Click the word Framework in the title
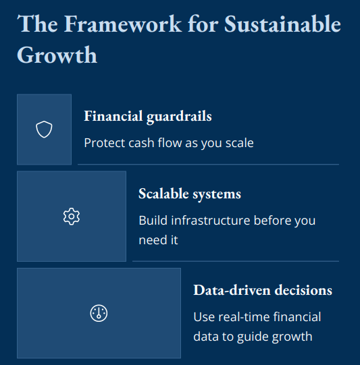pos(123,24)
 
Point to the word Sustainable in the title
pos(282,24)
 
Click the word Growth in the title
pos(57,55)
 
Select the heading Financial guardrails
pos(148,116)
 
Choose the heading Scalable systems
pos(190,194)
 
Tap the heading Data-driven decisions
pos(263,290)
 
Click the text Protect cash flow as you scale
pos(169,143)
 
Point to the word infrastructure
pos(211,220)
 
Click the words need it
pos(158,240)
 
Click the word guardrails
pos(179,116)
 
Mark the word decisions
pos(303,290)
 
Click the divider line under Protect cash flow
pos(208,165)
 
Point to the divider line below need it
pos(236,261)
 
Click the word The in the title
pos(38,24)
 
